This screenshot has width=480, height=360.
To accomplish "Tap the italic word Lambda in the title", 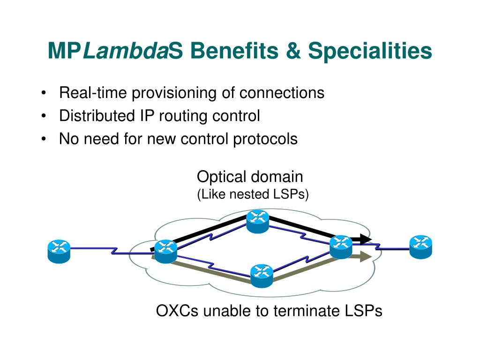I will click(x=125, y=51).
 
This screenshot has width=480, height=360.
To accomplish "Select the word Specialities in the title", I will click(x=370, y=51).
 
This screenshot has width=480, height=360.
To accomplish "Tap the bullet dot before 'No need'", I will click(x=44, y=139).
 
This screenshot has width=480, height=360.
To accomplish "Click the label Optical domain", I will click(x=250, y=177).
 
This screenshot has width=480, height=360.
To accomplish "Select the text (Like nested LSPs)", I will click(x=253, y=194).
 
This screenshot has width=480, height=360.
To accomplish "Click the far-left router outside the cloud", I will click(x=59, y=251).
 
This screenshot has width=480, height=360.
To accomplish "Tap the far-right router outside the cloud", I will click(x=420, y=247).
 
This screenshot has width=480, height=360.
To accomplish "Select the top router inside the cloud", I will click(x=258, y=221).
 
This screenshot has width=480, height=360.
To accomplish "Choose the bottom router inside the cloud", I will click(x=262, y=275).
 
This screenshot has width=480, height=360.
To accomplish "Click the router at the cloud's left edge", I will click(x=165, y=251).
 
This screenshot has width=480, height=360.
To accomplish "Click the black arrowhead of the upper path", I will click(x=366, y=240).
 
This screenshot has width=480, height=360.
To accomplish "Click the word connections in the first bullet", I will click(x=282, y=93).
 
